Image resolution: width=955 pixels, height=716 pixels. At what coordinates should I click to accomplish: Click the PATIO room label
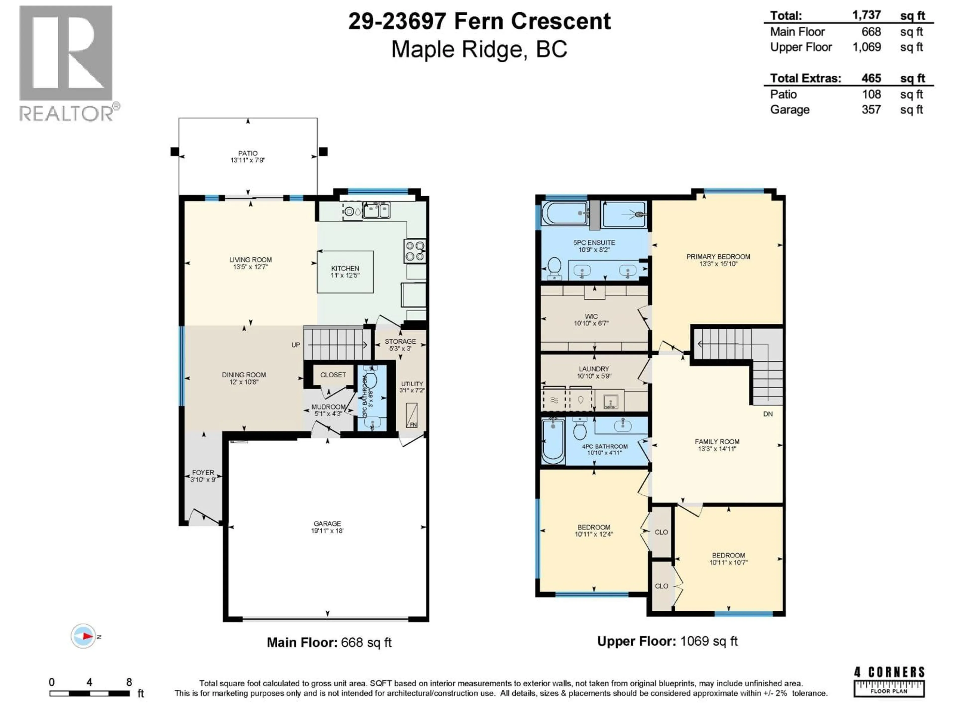coord(247,156)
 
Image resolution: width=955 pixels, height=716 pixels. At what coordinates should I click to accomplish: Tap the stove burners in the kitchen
coord(415,251)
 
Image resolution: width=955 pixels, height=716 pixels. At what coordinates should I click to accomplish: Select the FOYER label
coord(203,476)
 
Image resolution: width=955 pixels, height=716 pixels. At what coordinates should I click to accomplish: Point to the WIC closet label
coord(591,319)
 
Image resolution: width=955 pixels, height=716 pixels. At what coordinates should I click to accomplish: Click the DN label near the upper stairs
coord(768,414)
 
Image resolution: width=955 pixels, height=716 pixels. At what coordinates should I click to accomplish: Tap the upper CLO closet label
coord(661,532)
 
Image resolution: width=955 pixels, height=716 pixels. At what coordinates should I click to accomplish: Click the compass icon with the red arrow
coord(84,636)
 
